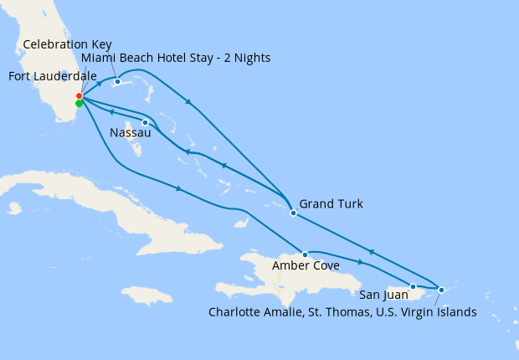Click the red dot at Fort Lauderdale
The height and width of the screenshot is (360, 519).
coord(79,96)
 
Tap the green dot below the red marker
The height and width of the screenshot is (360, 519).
coord(79,104)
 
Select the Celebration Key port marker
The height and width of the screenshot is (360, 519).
coord(117,81)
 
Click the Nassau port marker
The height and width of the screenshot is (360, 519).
coord(145,123)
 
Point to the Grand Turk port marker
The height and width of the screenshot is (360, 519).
coord(293,213)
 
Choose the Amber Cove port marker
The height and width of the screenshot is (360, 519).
coord(306,254)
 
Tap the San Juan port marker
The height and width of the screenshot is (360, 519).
coord(413,286)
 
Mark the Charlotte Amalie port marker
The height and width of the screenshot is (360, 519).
coord(441,290)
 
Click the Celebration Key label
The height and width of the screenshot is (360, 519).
coord(67,44)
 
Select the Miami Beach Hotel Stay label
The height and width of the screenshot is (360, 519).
coord(176,57)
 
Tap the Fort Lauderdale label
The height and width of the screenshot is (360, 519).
coord(52,76)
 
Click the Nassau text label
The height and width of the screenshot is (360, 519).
coord(131,133)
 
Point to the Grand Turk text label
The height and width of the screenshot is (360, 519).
coord(331,203)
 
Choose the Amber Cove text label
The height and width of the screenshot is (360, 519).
coord(306,266)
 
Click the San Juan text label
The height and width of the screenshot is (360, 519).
coord(384,295)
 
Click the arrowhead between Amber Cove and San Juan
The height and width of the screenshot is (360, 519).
coord(361,262)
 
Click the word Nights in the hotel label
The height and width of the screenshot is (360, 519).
coord(252,57)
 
